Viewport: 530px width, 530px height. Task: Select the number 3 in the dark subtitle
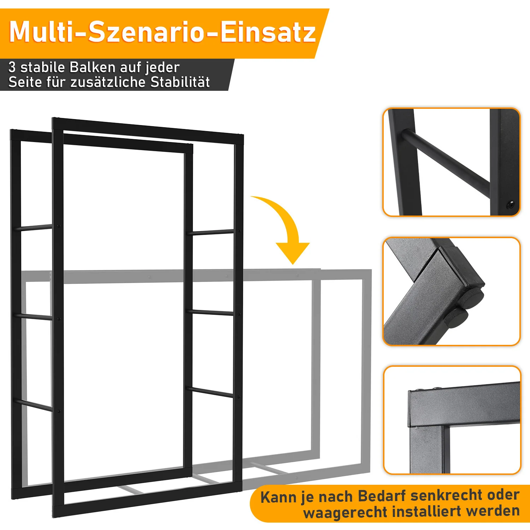point(12,67)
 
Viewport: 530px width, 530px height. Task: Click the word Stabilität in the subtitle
point(180,82)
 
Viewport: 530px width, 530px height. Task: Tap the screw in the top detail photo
point(511,205)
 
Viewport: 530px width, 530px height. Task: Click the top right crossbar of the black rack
point(213,232)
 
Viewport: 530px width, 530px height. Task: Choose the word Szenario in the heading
point(146,32)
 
